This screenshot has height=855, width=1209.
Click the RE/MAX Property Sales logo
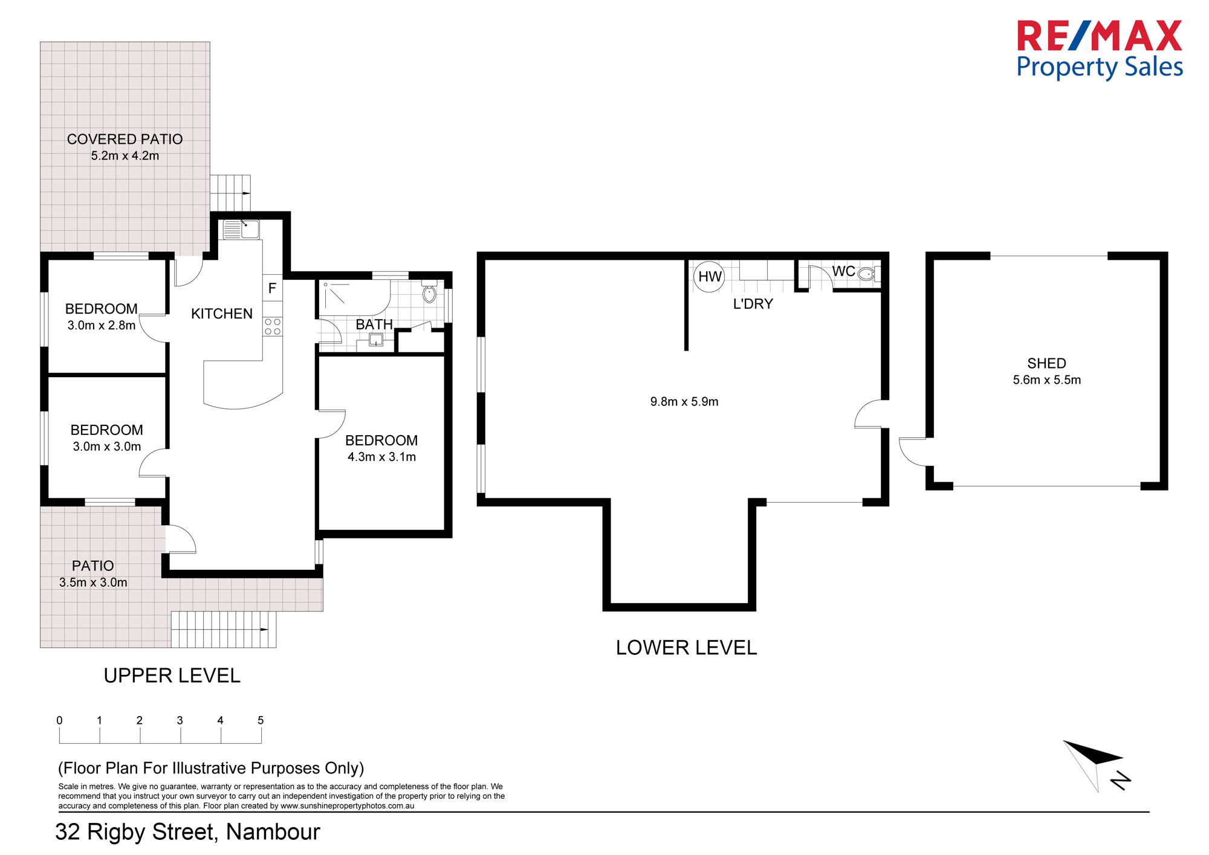pyautogui.click(x=1100, y=50)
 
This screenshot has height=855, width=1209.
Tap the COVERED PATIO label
pyautogui.click(x=125, y=140)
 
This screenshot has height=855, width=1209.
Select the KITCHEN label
pyautogui.click(x=222, y=314)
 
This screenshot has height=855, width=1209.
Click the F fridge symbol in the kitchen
pyautogui.click(x=272, y=288)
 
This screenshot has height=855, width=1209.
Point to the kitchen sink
pyautogui.click(x=241, y=230)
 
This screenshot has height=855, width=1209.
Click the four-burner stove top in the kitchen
pyautogui.click(x=273, y=327)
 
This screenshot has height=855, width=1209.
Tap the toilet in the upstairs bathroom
pyautogui.click(x=429, y=293)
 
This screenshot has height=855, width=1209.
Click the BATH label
pyautogui.click(x=374, y=324)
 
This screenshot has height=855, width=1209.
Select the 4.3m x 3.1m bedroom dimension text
pyautogui.click(x=381, y=457)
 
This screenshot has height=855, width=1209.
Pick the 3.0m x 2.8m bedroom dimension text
pyautogui.click(x=102, y=325)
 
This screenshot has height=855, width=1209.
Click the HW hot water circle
pyautogui.click(x=709, y=277)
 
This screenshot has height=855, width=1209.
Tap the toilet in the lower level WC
pyautogui.click(x=867, y=274)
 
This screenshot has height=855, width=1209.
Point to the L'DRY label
pyautogui.click(x=753, y=304)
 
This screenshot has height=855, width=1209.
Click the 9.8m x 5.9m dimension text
pyautogui.click(x=684, y=402)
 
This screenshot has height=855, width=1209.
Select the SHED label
pyautogui.click(x=1046, y=363)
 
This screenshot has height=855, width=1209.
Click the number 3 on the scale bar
pyautogui.click(x=180, y=720)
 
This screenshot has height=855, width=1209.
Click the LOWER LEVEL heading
pyautogui.click(x=686, y=648)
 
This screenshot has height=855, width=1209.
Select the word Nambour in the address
pyautogui.click(x=273, y=832)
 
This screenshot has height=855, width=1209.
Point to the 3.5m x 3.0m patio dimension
pyautogui.click(x=93, y=582)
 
